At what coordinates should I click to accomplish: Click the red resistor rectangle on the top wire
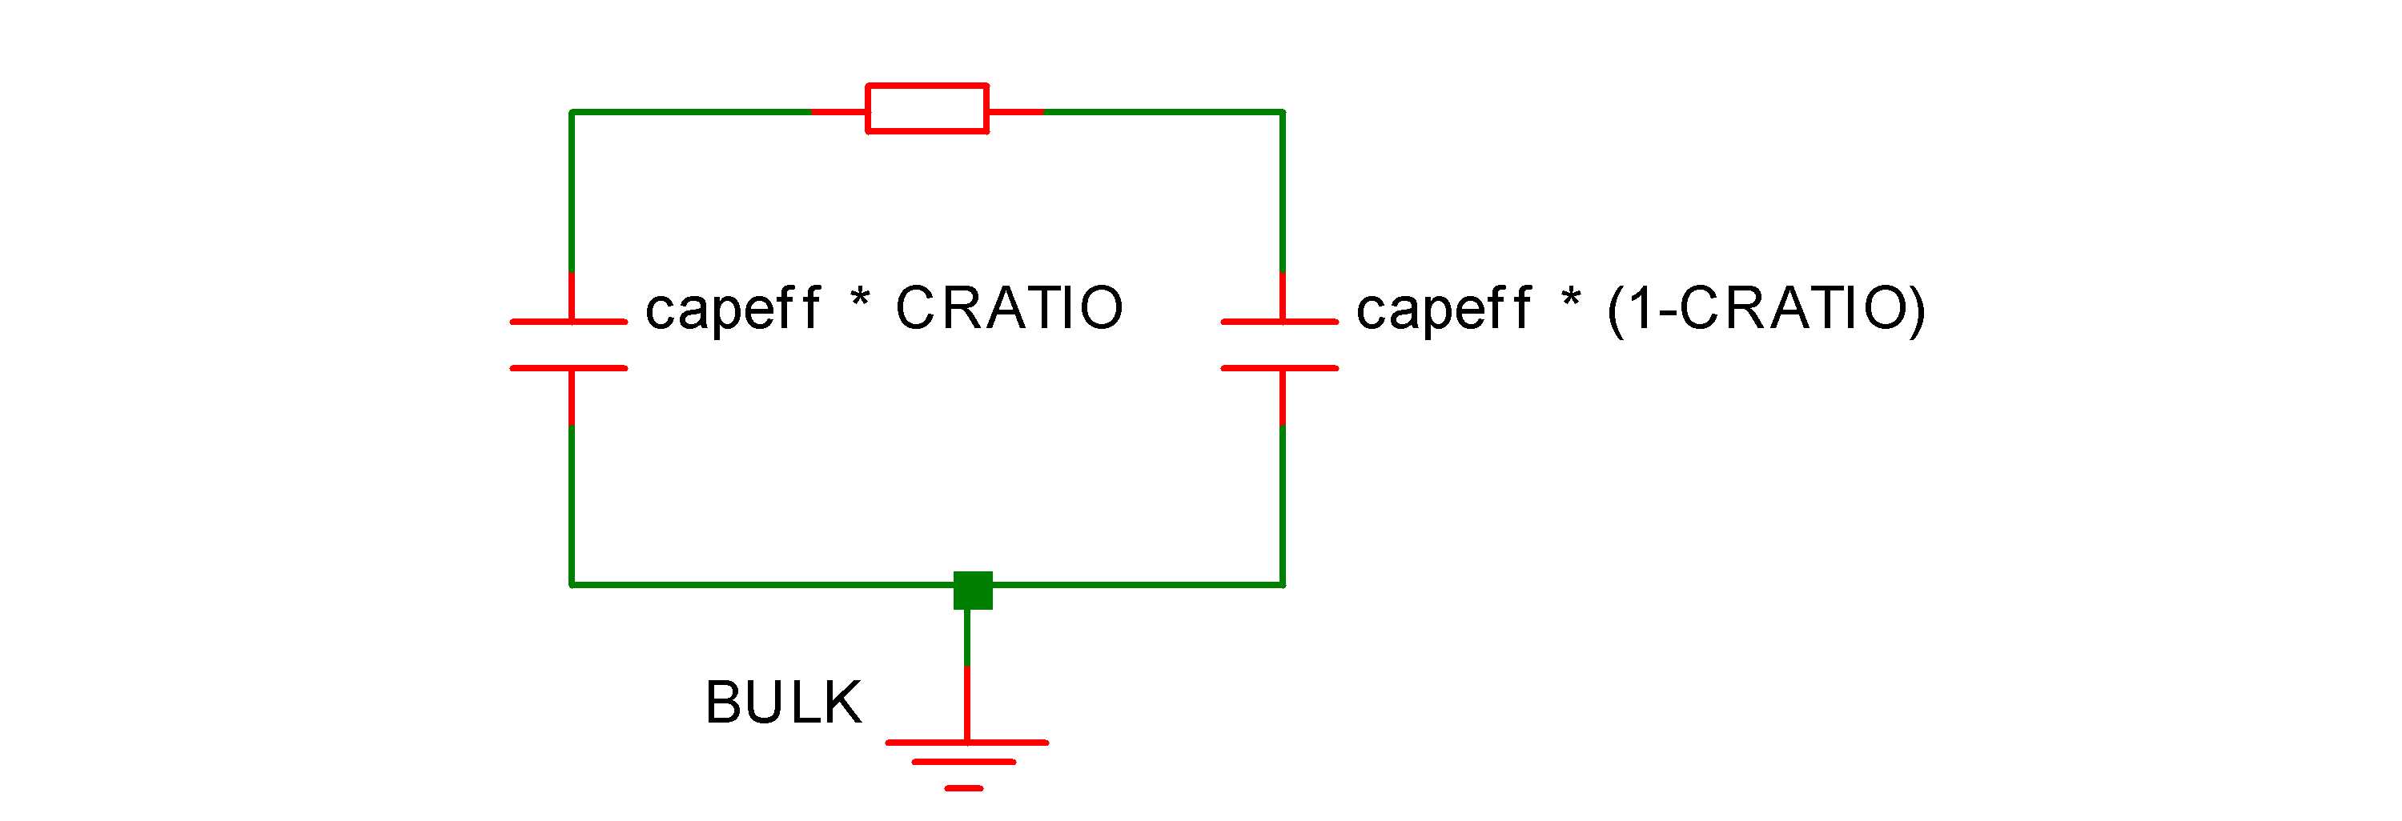(x=927, y=109)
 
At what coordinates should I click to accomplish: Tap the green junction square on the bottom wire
(x=973, y=590)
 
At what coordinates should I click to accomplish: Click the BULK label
(x=783, y=703)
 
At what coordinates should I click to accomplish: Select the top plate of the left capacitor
(x=568, y=322)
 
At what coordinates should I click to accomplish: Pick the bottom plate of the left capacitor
(x=568, y=368)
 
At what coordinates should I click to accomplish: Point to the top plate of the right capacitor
(x=1279, y=322)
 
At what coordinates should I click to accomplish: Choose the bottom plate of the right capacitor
(x=1279, y=368)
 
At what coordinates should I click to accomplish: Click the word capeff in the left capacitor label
(x=733, y=308)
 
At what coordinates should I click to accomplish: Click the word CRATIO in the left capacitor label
(x=1009, y=307)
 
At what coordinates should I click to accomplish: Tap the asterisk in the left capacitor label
(x=860, y=300)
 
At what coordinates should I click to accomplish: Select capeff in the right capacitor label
(x=1444, y=308)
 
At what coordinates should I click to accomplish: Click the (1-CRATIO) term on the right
(x=1766, y=308)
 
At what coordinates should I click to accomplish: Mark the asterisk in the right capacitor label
(x=1571, y=300)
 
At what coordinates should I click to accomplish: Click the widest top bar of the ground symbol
(x=967, y=743)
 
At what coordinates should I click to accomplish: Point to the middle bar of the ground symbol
(x=963, y=763)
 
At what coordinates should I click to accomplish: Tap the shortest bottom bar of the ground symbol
(x=963, y=788)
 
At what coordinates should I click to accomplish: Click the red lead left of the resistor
(x=839, y=112)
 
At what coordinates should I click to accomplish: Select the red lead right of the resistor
(x=1014, y=112)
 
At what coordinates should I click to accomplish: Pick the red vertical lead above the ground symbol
(x=967, y=703)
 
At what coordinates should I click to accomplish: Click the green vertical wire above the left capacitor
(x=572, y=191)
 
